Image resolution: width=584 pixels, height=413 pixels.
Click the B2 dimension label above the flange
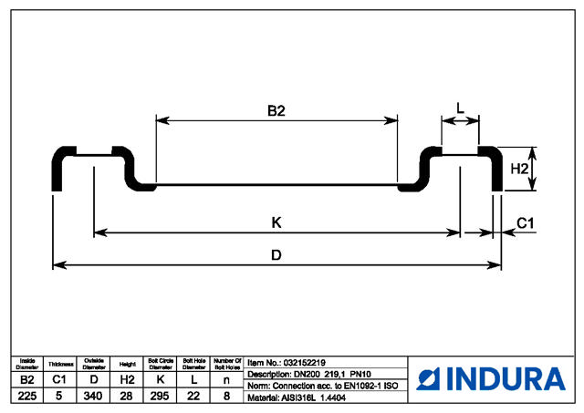pos(276,111)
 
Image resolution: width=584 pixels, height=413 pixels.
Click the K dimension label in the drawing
pos(276,222)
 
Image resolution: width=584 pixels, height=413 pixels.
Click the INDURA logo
pos(492,378)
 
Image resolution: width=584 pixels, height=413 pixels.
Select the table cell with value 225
pos(26,396)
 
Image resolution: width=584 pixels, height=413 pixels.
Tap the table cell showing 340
pos(94,396)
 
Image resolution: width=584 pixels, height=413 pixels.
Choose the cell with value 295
pos(161,396)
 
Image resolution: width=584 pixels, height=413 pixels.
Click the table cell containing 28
pos(128,396)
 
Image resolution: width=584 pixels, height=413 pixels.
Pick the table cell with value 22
pos(194,396)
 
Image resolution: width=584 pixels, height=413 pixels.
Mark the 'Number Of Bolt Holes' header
pos(227,363)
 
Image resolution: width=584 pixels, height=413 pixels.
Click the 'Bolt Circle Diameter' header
pos(161,363)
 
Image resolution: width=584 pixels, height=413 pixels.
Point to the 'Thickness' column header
pos(60,363)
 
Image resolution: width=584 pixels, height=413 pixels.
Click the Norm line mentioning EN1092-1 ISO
pos(324,385)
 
